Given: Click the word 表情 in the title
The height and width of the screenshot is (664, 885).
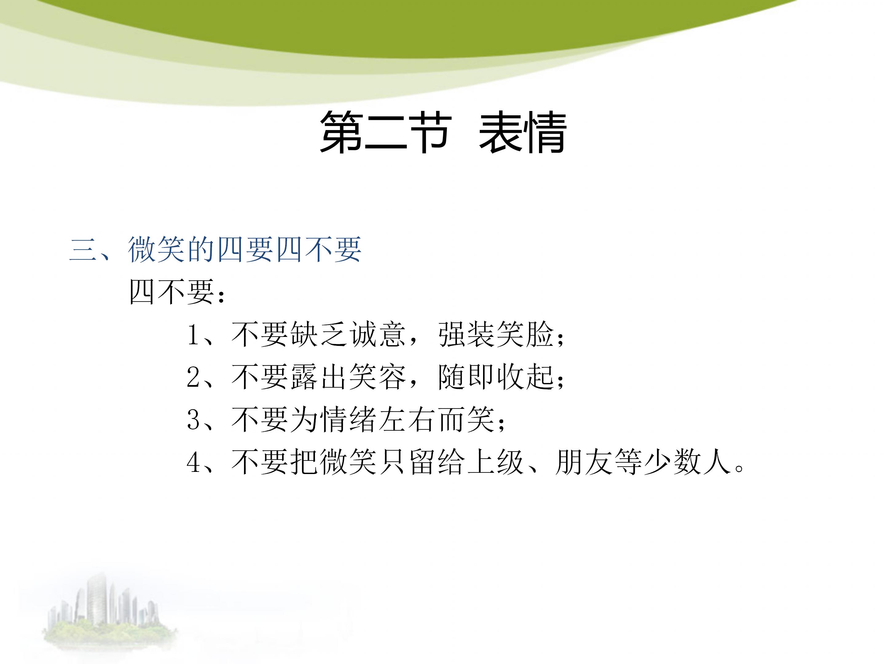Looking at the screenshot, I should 522,132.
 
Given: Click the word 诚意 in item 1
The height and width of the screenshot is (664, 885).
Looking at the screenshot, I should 378,334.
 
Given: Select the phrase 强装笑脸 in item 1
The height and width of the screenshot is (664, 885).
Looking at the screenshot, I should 496,334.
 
